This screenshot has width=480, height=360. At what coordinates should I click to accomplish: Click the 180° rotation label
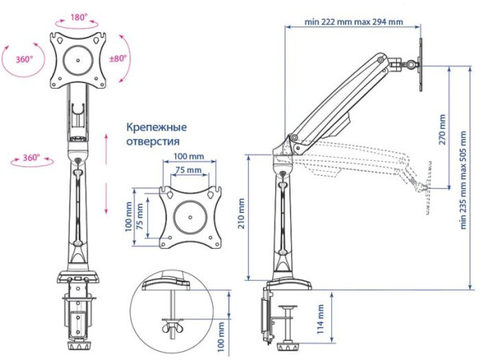pos(78,16)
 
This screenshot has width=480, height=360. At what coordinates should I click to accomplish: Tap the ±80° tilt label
pos(120,58)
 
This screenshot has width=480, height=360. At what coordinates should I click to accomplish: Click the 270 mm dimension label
pos(442,129)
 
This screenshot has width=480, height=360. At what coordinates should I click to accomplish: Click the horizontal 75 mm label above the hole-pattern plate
pos(189,170)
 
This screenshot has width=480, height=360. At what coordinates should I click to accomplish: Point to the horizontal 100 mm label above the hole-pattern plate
pos(189,157)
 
